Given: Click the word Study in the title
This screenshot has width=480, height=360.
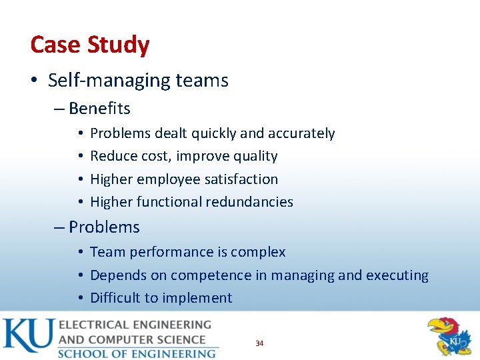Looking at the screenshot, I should click(x=121, y=45).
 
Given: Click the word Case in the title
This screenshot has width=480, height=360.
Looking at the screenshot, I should click(x=55, y=45).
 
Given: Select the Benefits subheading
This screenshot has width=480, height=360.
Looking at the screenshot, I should click(x=99, y=108).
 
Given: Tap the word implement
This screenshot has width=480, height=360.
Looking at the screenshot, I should click(x=199, y=297).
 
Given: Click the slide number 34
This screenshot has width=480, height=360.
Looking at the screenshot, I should click(x=259, y=343).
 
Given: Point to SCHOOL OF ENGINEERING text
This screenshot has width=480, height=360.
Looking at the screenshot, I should click(x=137, y=353).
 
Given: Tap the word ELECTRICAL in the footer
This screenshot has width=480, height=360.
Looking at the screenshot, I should click(x=97, y=325).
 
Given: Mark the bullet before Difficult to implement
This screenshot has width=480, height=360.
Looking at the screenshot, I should click(x=79, y=298).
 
